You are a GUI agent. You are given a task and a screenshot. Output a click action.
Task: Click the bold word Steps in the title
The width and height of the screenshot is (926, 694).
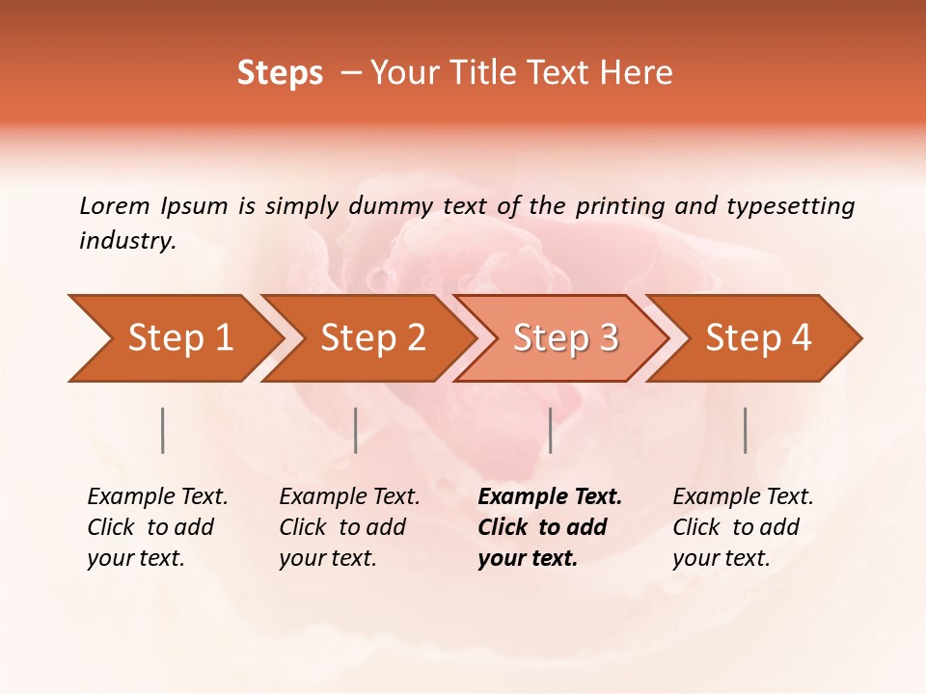(x=280, y=73)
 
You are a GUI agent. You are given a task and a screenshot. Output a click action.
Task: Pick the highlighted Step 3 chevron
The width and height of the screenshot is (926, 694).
(x=565, y=337)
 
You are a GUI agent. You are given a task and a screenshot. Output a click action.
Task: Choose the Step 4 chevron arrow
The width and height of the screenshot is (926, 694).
(x=758, y=337)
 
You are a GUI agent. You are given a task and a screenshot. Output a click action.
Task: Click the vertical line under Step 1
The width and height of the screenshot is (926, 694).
(x=162, y=430)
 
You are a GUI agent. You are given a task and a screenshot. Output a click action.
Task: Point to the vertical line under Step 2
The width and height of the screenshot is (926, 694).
(x=356, y=430)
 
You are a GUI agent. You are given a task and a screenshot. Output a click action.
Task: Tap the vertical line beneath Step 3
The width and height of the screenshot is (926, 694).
(x=550, y=430)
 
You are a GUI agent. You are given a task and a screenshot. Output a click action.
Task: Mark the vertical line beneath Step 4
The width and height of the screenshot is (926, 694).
(x=745, y=430)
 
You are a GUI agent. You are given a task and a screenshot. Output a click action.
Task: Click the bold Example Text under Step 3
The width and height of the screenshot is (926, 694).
(x=550, y=496)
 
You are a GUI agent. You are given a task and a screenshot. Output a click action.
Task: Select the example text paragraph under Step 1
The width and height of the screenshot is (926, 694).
(x=157, y=527)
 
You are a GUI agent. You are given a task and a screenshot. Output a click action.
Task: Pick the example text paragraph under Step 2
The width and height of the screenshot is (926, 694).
(x=349, y=527)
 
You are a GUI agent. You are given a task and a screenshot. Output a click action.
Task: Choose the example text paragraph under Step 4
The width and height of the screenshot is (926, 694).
(x=743, y=527)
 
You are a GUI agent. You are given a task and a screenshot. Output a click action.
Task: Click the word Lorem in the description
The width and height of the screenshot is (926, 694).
(x=114, y=205)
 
